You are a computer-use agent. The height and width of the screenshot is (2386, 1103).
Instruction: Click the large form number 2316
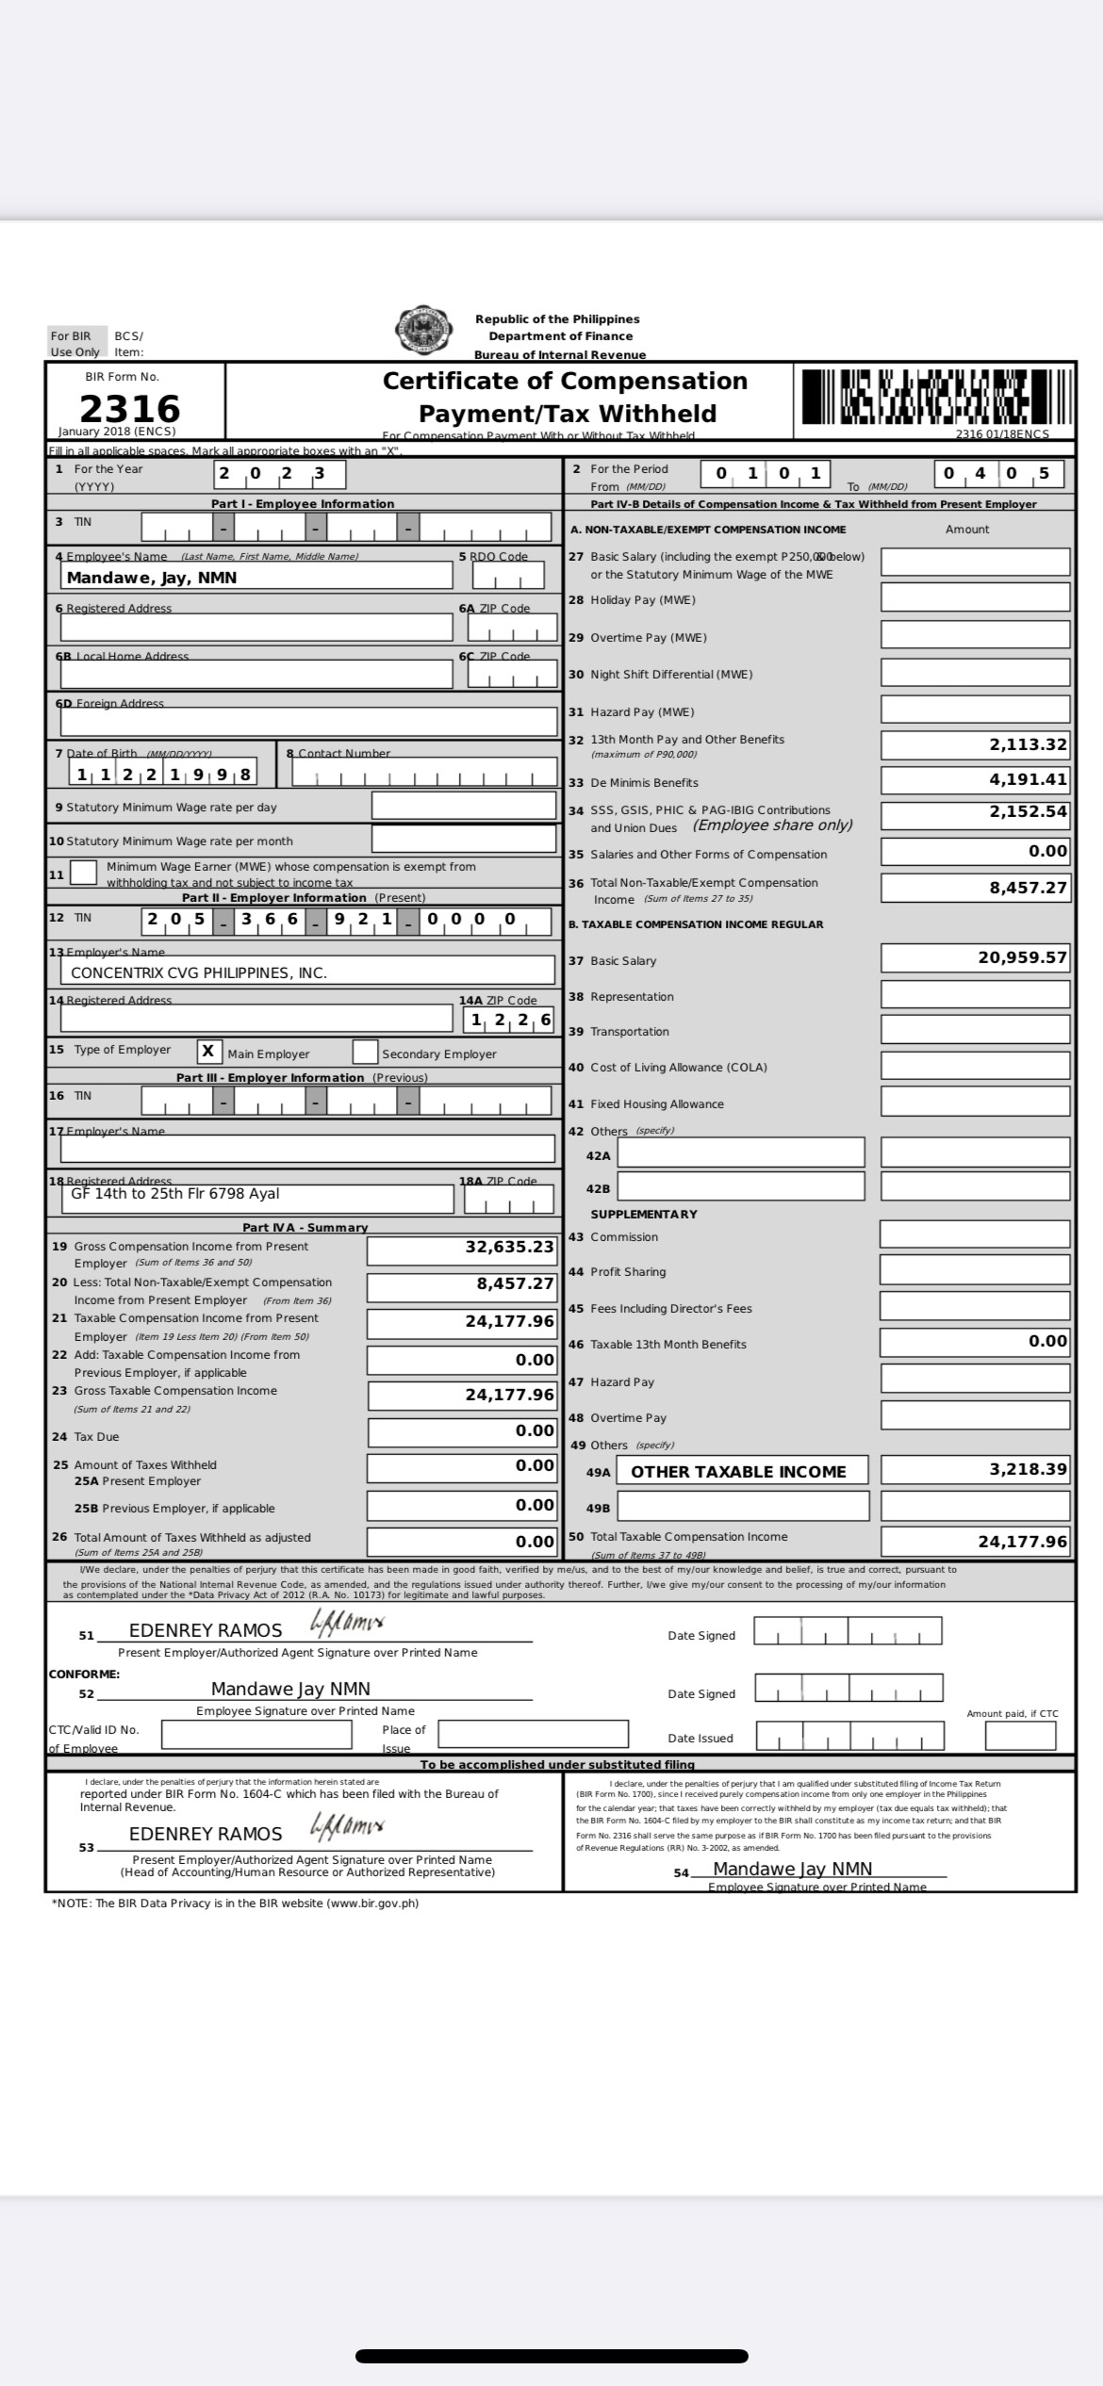129,408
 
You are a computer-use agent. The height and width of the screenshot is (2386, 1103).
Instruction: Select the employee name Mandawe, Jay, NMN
152,578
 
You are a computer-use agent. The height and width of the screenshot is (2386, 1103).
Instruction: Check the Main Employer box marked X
209,1052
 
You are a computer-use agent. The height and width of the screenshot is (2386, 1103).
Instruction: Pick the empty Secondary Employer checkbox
365,1052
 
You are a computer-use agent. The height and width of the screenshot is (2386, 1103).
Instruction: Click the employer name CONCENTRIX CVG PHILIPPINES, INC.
199,972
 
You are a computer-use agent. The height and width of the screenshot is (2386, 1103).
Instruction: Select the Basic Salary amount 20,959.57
1023,957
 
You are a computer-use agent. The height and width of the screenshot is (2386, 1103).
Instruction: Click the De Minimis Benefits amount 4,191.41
1028,779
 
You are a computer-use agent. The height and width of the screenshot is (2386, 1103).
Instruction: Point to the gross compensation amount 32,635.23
509,1247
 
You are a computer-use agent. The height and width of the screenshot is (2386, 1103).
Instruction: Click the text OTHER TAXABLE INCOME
738,1472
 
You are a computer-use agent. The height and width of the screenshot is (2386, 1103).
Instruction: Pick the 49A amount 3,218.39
1028,1469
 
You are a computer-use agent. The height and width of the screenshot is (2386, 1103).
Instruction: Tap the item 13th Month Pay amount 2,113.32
1028,744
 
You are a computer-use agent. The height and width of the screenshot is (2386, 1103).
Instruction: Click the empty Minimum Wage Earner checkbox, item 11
84,873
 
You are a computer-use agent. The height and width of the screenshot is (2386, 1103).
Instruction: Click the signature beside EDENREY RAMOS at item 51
347,1624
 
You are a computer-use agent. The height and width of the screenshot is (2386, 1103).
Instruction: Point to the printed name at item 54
792,1869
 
